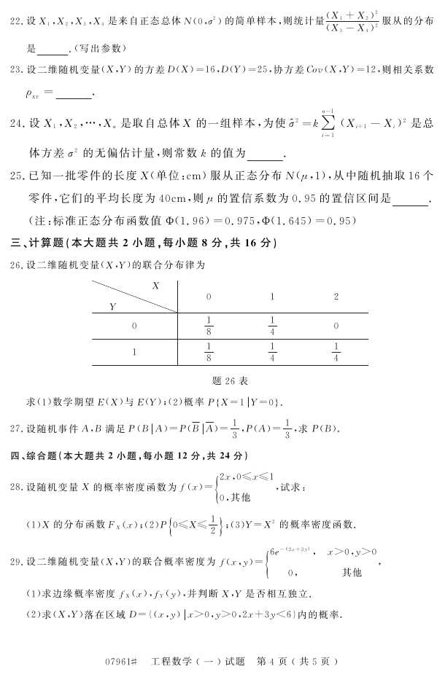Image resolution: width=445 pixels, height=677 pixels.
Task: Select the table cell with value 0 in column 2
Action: [x=336, y=326]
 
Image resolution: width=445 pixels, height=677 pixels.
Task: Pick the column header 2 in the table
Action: [x=336, y=297]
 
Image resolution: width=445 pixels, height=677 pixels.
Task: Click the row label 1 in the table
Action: [x=134, y=352]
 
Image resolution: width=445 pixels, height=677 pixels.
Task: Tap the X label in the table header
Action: [x=155, y=286]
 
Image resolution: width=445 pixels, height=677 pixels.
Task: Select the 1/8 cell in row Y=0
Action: [x=209, y=326]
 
